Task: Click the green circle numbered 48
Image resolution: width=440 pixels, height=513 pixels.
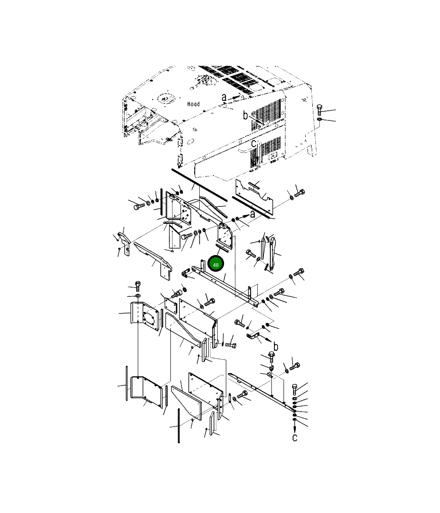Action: (216, 263)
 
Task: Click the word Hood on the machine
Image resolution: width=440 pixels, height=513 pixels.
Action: (193, 104)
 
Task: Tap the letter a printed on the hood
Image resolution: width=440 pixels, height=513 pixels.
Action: (224, 98)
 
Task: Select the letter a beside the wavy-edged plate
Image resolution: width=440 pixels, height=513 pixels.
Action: (252, 214)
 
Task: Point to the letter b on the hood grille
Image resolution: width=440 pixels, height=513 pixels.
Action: (246, 116)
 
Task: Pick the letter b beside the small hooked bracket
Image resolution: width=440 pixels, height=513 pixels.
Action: (276, 346)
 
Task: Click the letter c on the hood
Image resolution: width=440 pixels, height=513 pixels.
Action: (253, 144)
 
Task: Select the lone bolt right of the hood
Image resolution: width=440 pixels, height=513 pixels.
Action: (319, 110)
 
